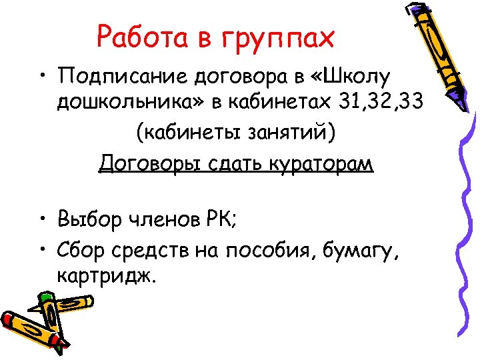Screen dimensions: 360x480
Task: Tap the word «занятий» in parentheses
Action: click(287, 133)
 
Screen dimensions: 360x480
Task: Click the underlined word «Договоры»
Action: click(152, 163)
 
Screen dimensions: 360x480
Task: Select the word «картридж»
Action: click(106, 275)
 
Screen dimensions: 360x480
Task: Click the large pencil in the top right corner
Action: click(434, 53)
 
